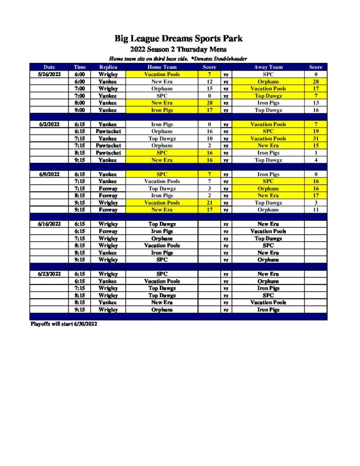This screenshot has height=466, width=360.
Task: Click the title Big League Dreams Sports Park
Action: (x=178, y=39)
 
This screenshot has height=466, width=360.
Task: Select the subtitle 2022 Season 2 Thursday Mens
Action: (x=178, y=49)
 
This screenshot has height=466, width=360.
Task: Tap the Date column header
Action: (x=49, y=67)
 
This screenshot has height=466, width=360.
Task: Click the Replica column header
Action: (x=108, y=67)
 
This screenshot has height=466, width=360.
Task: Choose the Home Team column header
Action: (x=162, y=67)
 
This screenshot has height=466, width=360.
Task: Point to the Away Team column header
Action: (x=268, y=67)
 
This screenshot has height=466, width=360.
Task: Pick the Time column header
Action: (x=80, y=67)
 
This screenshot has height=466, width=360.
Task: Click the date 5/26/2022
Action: (x=49, y=74)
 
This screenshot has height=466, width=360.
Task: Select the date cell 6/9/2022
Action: (x=49, y=174)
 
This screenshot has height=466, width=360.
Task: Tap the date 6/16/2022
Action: (x=49, y=224)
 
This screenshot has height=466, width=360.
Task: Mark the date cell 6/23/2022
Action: (x=49, y=274)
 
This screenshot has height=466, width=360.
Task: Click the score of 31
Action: (x=315, y=138)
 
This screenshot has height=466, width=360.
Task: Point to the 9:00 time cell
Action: (x=80, y=110)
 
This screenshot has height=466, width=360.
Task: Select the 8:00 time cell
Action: (x=80, y=103)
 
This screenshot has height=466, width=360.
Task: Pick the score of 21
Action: (x=209, y=203)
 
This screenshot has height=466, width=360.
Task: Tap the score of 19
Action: (x=315, y=132)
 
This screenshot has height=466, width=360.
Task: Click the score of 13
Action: (x=315, y=103)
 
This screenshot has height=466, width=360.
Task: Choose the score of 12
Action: (x=209, y=81)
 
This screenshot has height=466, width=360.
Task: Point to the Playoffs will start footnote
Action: (x=64, y=324)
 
